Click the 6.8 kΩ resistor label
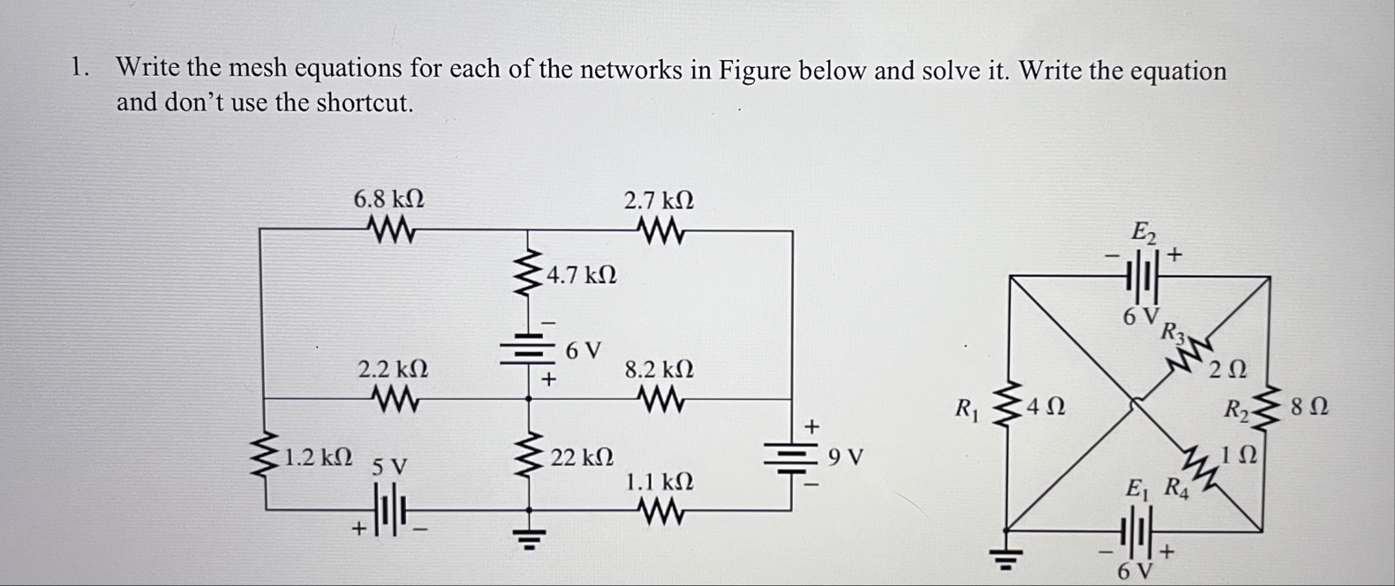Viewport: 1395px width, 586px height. tap(388, 199)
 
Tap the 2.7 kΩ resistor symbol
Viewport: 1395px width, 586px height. tap(659, 232)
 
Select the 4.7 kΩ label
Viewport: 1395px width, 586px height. tap(581, 275)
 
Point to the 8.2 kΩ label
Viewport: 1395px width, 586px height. tap(659, 369)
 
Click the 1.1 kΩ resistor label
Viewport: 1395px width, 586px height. tap(659, 482)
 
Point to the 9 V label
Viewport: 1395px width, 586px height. tap(847, 458)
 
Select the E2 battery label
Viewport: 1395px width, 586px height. tap(1142, 233)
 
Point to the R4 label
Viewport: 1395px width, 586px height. tap(1176, 486)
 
